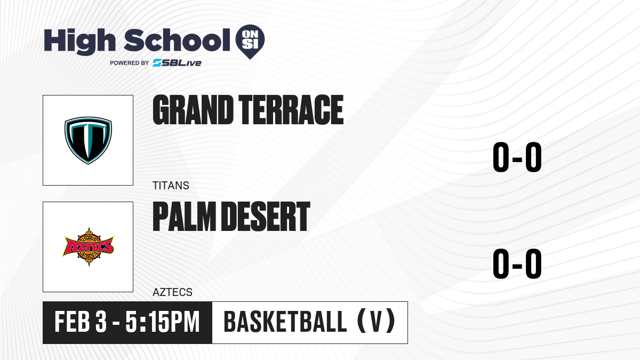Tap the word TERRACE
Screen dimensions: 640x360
(291, 110)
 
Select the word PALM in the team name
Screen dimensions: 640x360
(185, 217)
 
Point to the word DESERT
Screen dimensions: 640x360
(266, 217)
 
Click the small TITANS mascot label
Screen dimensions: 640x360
(171, 186)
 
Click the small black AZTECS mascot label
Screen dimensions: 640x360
(173, 292)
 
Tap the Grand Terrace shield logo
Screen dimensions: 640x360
(88, 140)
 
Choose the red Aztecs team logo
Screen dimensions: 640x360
(89, 247)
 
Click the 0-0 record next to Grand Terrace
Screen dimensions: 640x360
(517, 157)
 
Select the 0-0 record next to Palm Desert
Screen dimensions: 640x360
(517, 263)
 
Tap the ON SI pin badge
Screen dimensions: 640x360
(250, 42)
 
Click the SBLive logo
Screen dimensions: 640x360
(177, 63)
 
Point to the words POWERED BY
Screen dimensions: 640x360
(130, 63)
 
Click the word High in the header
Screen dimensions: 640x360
(80, 42)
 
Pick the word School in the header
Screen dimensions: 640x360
(177, 40)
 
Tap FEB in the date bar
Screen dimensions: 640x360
(73, 322)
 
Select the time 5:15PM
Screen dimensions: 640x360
(163, 322)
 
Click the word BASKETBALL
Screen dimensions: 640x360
(285, 322)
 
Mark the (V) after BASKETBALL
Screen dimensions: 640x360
(377, 322)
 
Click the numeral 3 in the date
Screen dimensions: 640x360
(101, 322)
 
